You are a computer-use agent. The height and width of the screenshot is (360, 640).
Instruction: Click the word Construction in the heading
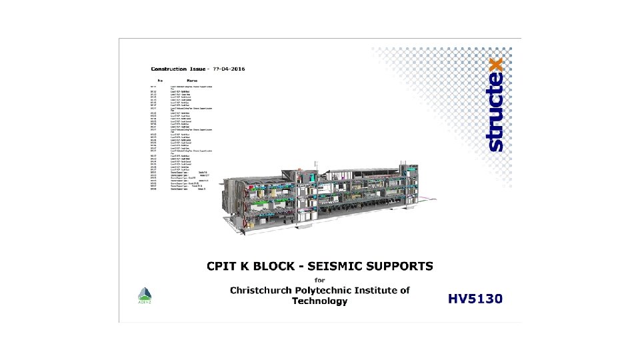[169, 69]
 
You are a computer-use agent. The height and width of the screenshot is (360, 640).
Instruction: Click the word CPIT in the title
[230, 267]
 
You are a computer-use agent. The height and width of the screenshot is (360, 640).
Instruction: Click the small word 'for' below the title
[319, 279]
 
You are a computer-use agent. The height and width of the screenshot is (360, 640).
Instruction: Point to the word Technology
[319, 301]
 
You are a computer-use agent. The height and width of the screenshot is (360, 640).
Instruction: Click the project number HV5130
[475, 299]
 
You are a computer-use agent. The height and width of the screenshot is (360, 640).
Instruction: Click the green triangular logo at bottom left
[145, 295]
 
